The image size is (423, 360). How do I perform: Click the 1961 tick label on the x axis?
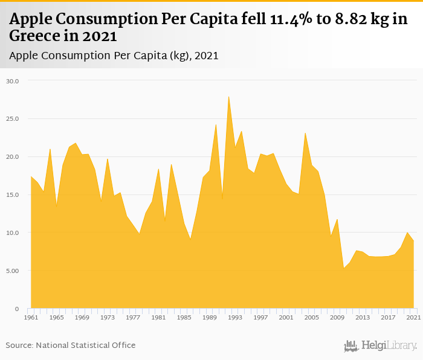[x=31, y=317]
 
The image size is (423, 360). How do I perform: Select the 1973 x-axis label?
[x=107, y=317]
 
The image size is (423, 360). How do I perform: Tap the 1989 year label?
[x=209, y=317]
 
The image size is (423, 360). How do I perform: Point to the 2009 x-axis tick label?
[x=337, y=317]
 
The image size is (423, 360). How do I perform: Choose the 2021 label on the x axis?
[x=413, y=317]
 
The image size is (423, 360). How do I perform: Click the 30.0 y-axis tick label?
[x=13, y=80]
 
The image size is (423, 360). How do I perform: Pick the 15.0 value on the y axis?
[x=13, y=194]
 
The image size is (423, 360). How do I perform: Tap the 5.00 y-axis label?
[x=13, y=271]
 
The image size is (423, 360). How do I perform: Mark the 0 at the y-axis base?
[x=18, y=309]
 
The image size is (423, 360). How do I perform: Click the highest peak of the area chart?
[x=228, y=97]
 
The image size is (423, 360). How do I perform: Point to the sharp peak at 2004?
[x=305, y=133]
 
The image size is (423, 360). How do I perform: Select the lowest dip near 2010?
[x=343, y=268]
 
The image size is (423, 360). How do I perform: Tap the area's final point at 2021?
[x=413, y=241]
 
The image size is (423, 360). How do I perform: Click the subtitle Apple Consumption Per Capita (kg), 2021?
[x=114, y=55]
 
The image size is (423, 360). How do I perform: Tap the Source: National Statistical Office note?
[x=71, y=345]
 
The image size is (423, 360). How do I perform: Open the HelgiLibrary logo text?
[x=389, y=346]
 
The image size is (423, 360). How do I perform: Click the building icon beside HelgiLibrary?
[x=351, y=346]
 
